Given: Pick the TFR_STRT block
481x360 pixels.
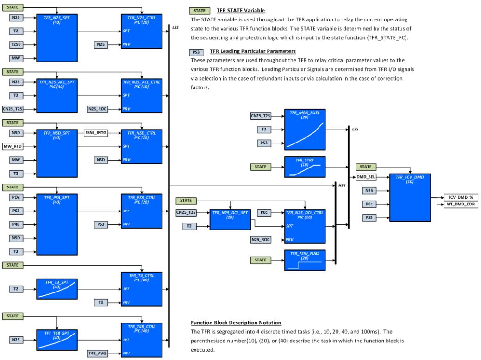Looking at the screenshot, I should click(305, 166).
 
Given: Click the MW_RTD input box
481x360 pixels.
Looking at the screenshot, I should click(13, 147).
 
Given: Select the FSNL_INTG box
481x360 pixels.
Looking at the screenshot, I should click(95, 133).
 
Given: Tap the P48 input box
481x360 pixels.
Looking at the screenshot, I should click(15, 225).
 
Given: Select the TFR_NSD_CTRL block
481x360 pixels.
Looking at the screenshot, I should click(142, 147).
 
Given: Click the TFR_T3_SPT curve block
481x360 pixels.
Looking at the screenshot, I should click(56, 289).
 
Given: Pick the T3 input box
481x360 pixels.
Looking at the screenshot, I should click(101, 302).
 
